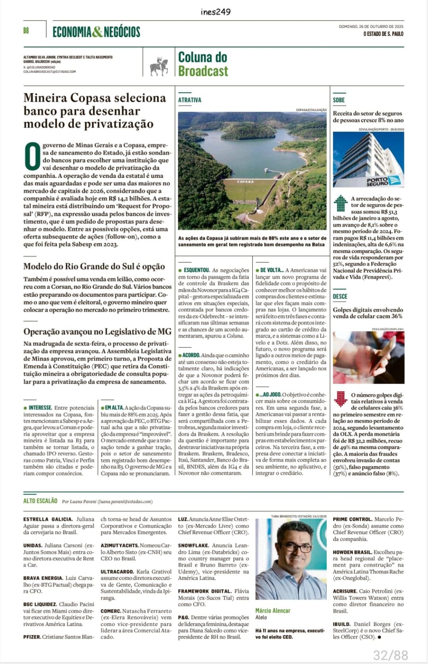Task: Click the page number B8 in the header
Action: click(x=26, y=31)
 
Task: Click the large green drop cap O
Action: click(x=32, y=156)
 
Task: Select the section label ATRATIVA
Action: click(x=190, y=100)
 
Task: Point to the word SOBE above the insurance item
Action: click(x=339, y=100)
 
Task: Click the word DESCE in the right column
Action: click(x=340, y=296)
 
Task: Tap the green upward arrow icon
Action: click(x=340, y=203)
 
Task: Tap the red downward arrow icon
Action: click(x=340, y=399)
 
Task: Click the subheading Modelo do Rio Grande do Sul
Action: click(x=94, y=267)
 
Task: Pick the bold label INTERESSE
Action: click(x=40, y=408)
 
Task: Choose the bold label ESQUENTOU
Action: click(x=196, y=270)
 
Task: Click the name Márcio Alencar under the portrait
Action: click(x=273, y=610)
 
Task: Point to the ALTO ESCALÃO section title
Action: click(x=40, y=501)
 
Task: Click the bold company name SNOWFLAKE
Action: click(x=193, y=545)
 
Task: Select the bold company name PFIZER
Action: click(x=32, y=637)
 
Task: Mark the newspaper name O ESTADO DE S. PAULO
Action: click(x=383, y=34)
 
